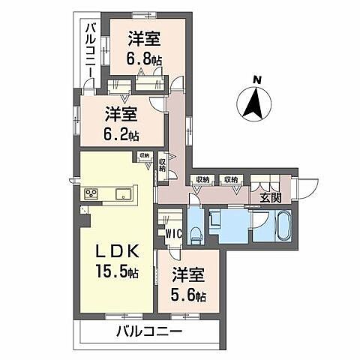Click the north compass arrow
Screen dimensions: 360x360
[x=257, y=102]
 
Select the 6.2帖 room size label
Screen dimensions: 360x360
[x=121, y=135]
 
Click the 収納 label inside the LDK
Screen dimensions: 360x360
[x=144, y=157]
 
